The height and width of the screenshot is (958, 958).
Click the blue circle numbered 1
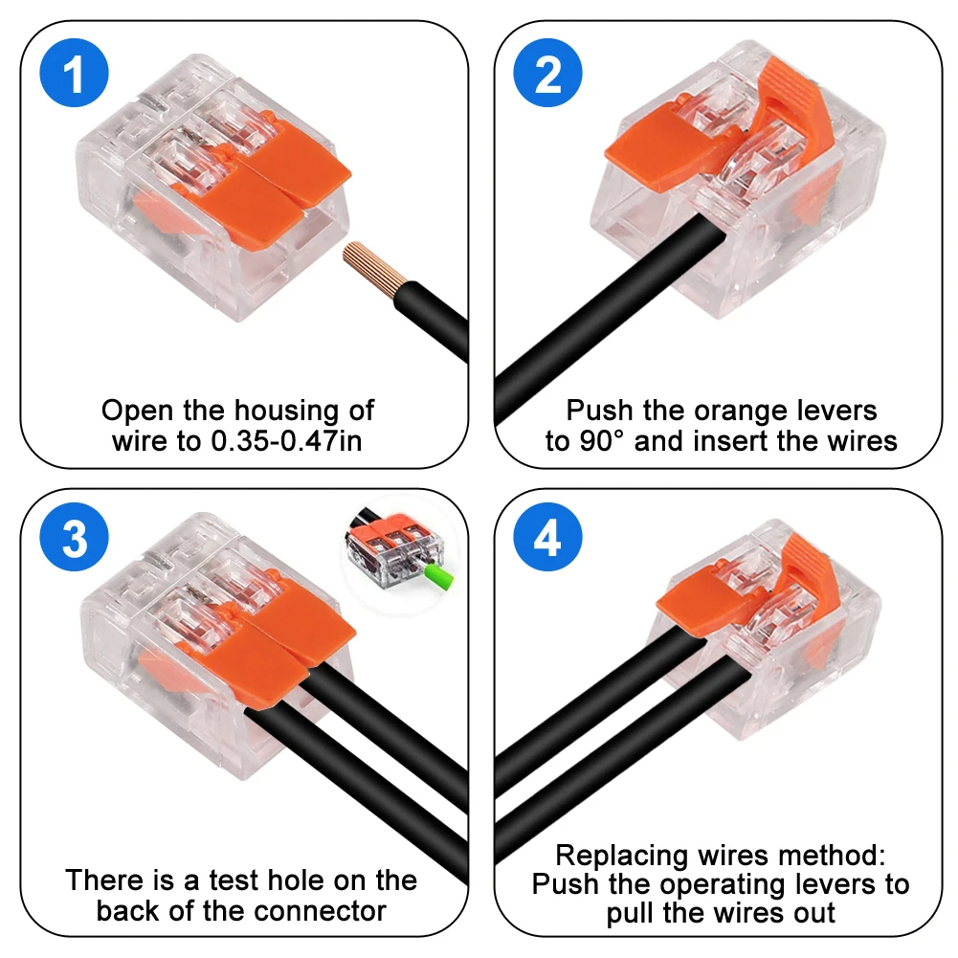[75, 75]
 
